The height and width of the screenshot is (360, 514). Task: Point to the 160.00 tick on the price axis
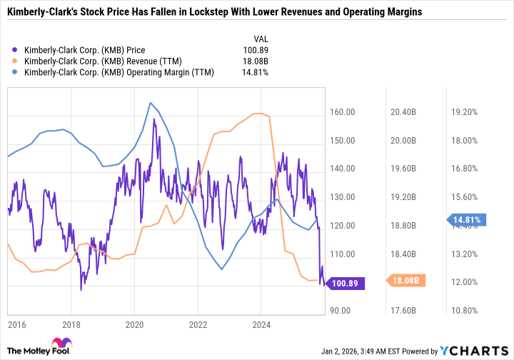(x=343, y=112)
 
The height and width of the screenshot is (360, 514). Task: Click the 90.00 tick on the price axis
(x=343, y=311)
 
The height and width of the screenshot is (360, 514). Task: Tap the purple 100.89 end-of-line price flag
(x=346, y=284)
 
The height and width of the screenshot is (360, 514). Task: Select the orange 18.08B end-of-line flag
(x=407, y=281)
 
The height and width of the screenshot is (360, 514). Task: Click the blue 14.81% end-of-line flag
(x=468, y=220)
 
